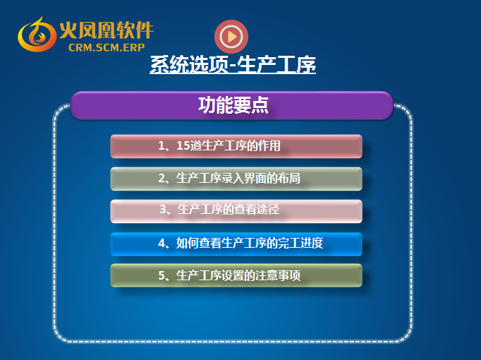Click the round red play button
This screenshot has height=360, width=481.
click(x=231, y=37)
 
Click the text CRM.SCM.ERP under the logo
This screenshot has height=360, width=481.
click(x=106, y=47)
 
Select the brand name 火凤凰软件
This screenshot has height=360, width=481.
click(x=106, y=30)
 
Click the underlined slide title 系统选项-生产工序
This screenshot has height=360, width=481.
click(x=233, y=64)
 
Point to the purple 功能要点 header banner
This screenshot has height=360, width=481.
click(x=232, y=105)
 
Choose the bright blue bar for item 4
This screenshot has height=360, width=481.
click(x=236, y=244)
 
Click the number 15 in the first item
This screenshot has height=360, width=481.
click(x=183, y=146)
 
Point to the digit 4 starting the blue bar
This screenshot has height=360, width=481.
click(x=162, y=244)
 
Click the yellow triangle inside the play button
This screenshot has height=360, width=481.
click(x=232, y=37)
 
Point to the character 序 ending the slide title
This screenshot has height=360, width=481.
click(x=305, y=64)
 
